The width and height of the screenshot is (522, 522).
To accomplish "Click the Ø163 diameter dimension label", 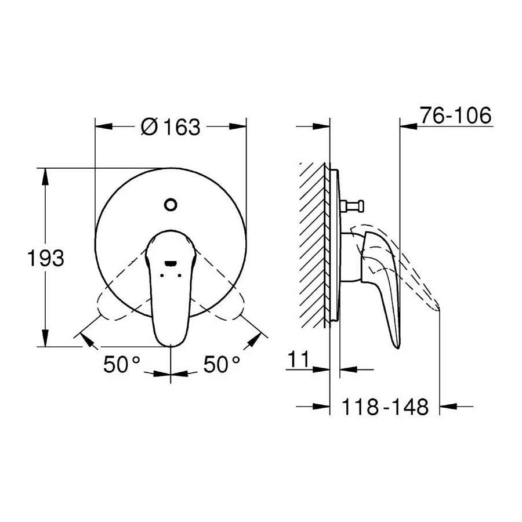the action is pos(171,127).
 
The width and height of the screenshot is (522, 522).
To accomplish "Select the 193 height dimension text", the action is pos(46,258).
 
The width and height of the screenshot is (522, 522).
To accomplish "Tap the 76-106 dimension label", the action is pos(455,115).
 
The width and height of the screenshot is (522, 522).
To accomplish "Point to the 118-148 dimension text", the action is pos(385,407).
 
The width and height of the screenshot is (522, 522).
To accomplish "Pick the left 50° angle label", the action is pos(122,364).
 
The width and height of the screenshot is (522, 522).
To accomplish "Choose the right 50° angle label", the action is pos(222,364).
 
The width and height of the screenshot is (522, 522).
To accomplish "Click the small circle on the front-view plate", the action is pos(171,204).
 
